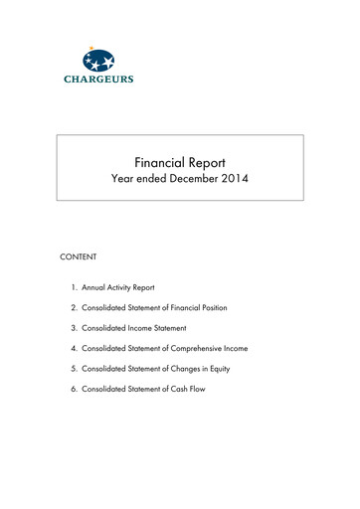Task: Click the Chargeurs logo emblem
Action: tap(99, 59)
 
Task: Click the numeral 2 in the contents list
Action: tap(74, 307)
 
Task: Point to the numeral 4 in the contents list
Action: tap(74, 348)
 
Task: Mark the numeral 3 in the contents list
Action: tap(74, 327)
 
